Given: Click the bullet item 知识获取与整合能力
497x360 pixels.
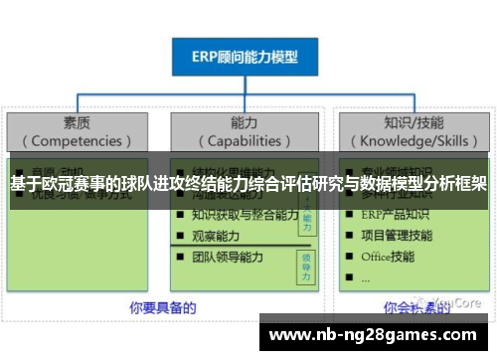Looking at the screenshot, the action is point(244,215).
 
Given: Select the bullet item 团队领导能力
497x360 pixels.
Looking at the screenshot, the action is point(228,258).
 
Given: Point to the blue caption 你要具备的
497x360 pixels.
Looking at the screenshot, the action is point(162,307).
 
